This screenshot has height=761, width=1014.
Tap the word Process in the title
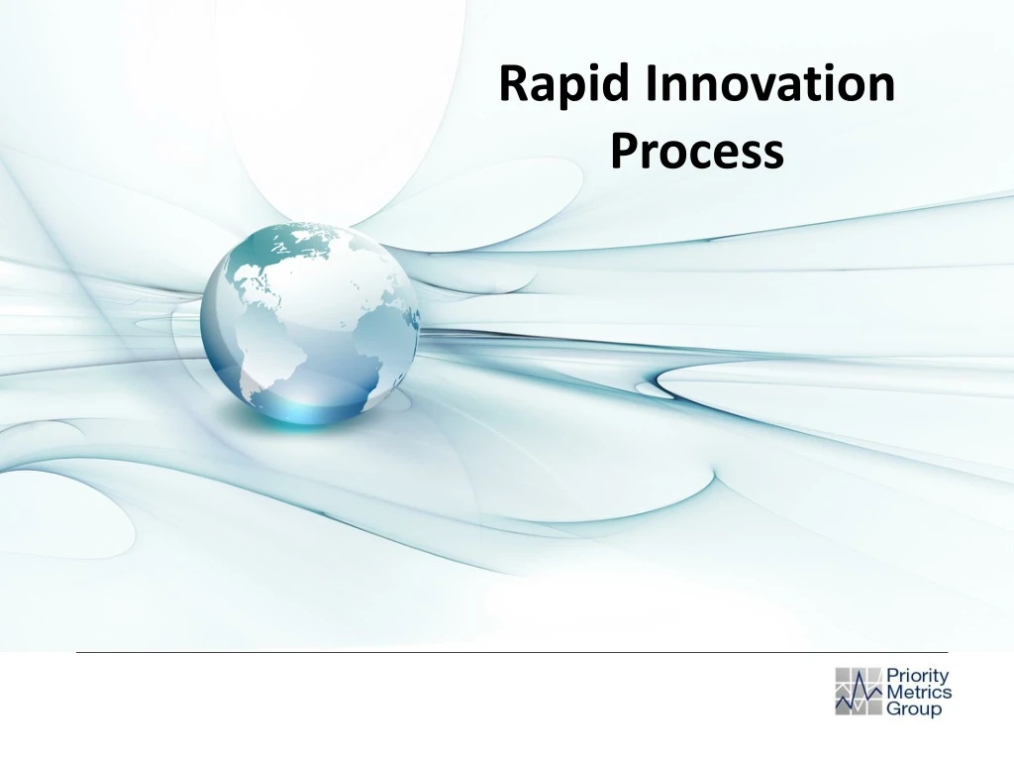696,152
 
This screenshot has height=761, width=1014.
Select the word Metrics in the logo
918,693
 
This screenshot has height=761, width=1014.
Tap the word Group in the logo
913,709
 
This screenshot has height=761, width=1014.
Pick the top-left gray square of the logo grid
844,675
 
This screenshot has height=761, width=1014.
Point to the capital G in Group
893,709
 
